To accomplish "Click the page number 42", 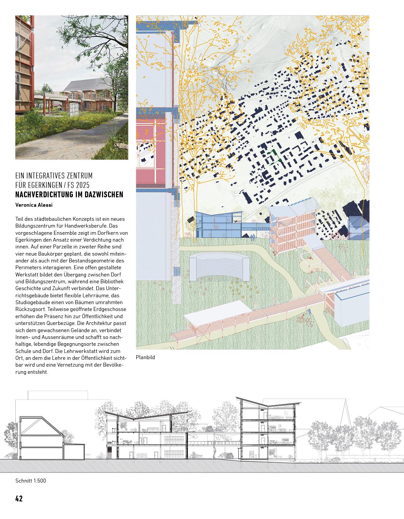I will point(19,498).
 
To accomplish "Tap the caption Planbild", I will point(145,357).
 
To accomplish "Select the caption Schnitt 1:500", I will point(31,481).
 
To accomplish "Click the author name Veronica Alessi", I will point(34,205).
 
